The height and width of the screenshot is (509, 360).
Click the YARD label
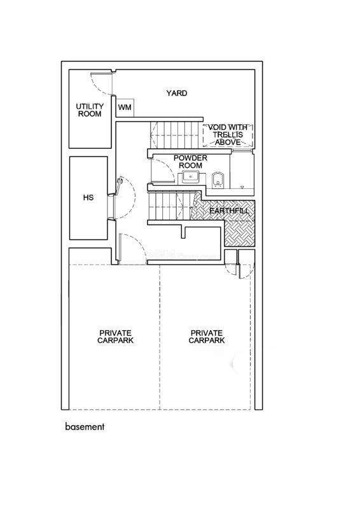(x=177, y=93)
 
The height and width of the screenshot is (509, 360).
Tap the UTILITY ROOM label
(x=90, y=110)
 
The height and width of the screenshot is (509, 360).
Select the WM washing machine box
(x=125, y=107)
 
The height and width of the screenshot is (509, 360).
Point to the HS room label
(x=88, y=197)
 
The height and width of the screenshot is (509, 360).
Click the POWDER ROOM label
(x=190, y=162)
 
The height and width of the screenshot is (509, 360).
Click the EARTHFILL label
(x=229, y=211)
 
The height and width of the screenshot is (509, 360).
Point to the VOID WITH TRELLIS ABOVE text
(x=228, y=135)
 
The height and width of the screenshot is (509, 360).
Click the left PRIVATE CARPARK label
(x=115, y=337)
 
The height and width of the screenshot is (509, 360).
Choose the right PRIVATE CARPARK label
(x=207, y=337)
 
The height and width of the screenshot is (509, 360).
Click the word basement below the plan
(x=85, y=426)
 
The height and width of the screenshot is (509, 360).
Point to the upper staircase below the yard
(x=174, y=135)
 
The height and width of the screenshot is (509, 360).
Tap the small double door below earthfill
(x=239, y=264)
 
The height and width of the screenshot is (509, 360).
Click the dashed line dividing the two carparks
(x=160, y=337)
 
